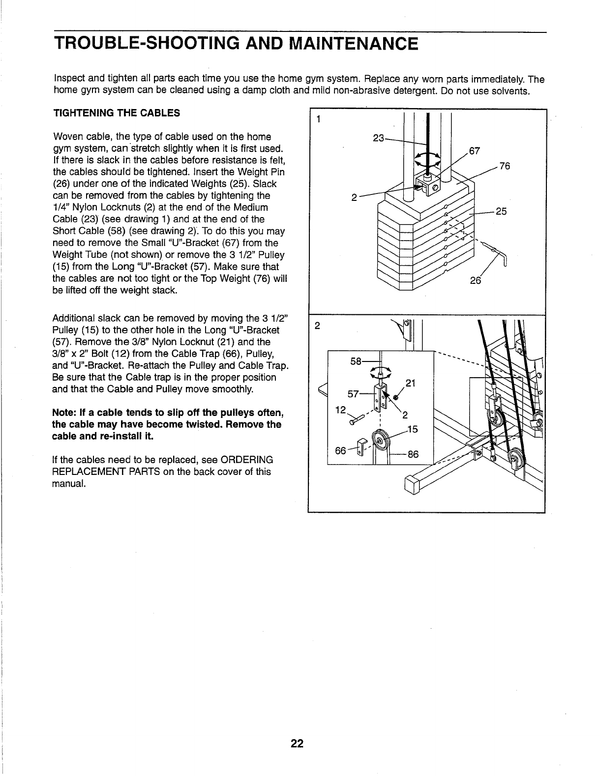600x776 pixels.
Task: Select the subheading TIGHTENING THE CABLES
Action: [x=116, y=113]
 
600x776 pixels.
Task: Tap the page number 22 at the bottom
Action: [x=297, y=743]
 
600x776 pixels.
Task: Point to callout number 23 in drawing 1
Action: [x=379, y=138]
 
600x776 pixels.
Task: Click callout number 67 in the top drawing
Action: [x=476, y=150]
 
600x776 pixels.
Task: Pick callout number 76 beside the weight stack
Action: [x=505, y=166]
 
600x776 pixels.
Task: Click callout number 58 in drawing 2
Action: [x=356, y=361]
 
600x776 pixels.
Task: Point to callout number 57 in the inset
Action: [x=354, y=393]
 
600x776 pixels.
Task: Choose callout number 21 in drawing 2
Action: [x=411, y=384]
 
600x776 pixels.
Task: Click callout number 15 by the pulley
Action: [x=413, y=430]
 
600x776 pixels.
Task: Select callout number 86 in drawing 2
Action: [x=413, y=454]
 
